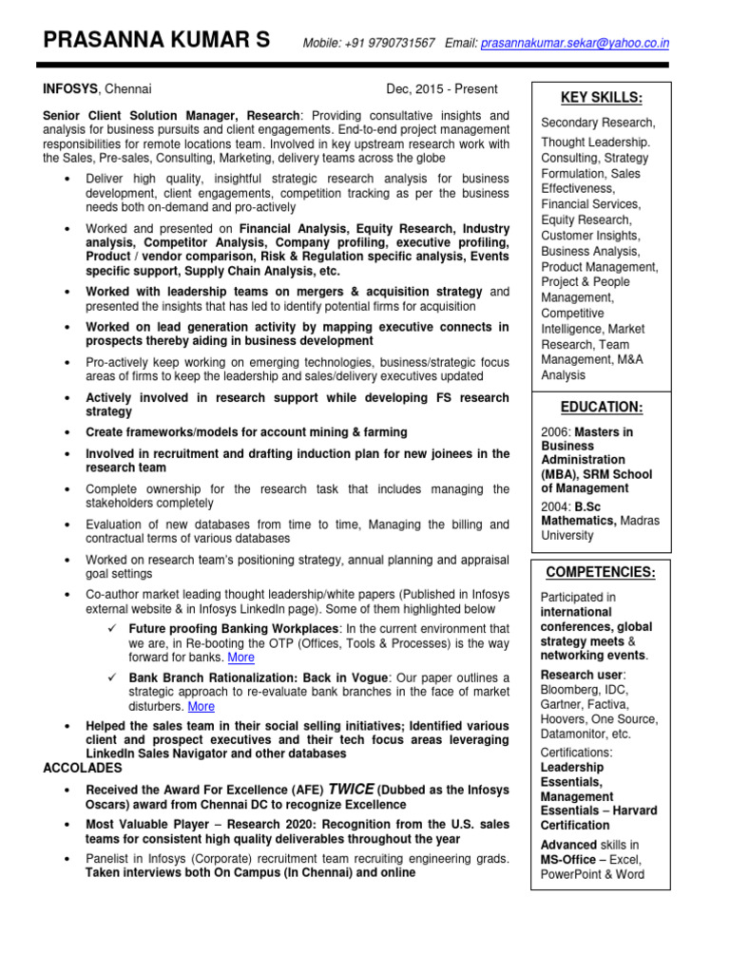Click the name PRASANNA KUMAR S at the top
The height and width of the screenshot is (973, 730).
pyautogui.click(x=157, y=40)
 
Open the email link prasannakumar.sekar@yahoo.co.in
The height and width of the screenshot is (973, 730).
pyautogui.click(x=575, y=43)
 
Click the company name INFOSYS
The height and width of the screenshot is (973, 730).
pyautogui.click(x=71, y=89)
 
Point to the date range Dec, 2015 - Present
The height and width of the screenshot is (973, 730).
pyautogui.click(x=441, y=89)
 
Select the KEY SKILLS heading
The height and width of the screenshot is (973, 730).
pyautogui.click(x=601, y=98)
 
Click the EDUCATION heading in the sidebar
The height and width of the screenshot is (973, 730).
pyautogui.click(x=601, y=407)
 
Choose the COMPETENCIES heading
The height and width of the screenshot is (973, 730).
pyautogui.click(x=601, y=572)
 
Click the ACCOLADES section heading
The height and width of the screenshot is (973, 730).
pyautogui.click(x=84, y=768)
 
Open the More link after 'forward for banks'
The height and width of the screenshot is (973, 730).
pyautogui.click(x=240, y=658)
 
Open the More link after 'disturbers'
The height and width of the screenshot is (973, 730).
pyautogui.click(x=201, y=706)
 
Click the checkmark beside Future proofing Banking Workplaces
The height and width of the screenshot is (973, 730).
pyautogui.click(x=112, y=629)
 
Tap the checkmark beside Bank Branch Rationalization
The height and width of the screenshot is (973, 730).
pyautogui.click(x=112, y=677)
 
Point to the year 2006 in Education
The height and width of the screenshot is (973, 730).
pyautogui.click(x=556, y=431)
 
